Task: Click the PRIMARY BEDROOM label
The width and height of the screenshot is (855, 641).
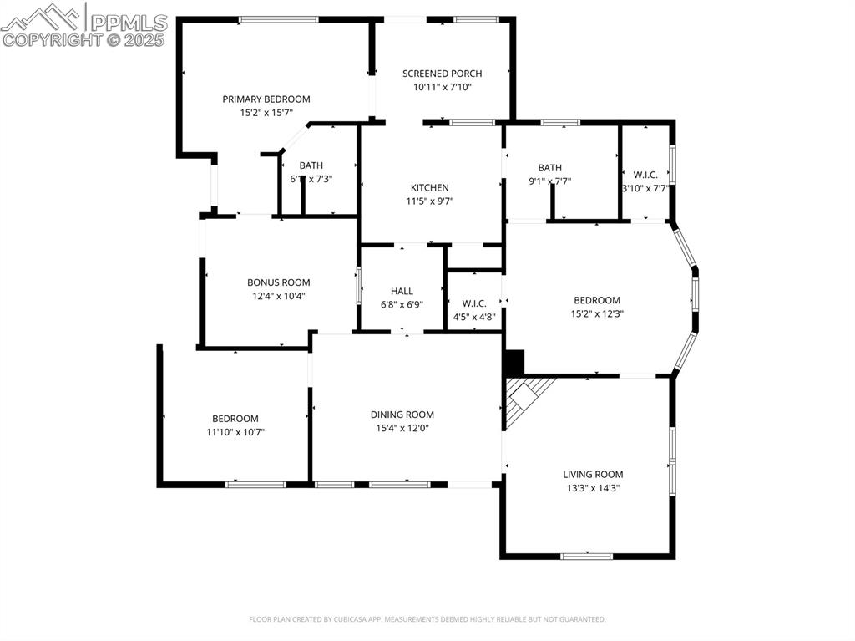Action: coord(266,99)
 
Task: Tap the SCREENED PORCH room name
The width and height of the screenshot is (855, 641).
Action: coord(442,74)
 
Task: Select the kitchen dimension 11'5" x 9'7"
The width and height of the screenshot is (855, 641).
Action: coord(429,201)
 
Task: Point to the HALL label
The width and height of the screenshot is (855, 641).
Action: coord(402,291)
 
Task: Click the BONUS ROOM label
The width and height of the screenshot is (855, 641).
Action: coord(278,282)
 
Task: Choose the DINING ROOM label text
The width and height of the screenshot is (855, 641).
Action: coord(402,415)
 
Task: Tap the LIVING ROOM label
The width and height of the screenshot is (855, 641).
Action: coord(592,475)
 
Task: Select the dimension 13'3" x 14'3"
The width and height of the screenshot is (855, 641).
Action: coord(592,488)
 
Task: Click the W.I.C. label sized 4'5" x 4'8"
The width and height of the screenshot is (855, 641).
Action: coord(473,304)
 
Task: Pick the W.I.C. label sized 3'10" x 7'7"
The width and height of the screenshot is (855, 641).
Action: coord(645,175)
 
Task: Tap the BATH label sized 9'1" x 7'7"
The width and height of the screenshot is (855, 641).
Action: coord(549,168)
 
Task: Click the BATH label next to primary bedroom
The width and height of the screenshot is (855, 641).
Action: coord(311,165)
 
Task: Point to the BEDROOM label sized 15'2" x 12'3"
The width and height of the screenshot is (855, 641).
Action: coord(596,301)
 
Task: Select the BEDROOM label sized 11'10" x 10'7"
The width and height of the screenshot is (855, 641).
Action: coord(235,419)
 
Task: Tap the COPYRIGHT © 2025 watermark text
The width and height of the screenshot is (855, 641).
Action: coord(83,39)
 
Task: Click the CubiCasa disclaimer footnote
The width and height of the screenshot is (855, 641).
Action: coord(427,619)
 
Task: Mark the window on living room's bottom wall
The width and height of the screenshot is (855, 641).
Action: coord(586,555)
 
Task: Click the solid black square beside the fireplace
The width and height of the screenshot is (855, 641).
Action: coord(514,362)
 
